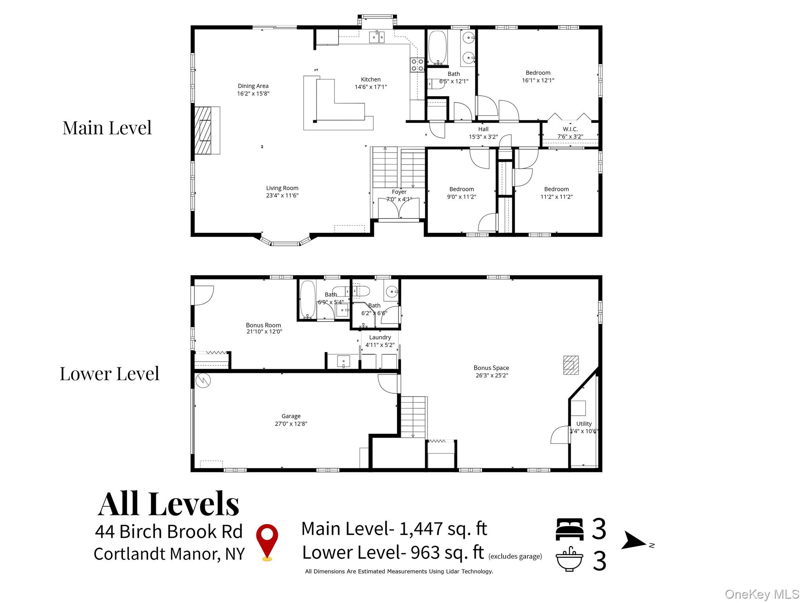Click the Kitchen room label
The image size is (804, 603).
coord(371,79)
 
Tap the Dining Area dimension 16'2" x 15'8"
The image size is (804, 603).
coord(253,93)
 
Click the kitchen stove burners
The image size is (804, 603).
coord(417,65)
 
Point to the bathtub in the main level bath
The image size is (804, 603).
coord(437,48)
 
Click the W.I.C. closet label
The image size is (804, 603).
coord(570,129)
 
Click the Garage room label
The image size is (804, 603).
coord(291,416)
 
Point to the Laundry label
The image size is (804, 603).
coord(380,337)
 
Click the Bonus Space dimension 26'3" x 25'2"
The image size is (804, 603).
coord(491,375)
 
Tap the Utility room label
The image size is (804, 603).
coord(584,424)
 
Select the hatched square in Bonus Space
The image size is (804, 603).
coord(571,365)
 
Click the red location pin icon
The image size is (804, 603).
coord(267,541)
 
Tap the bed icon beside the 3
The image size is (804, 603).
coord(569,529)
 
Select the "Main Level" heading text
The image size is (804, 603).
coord(107,128)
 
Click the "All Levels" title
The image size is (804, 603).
coord(168,504)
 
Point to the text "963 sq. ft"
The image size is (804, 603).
coord(447,552)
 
